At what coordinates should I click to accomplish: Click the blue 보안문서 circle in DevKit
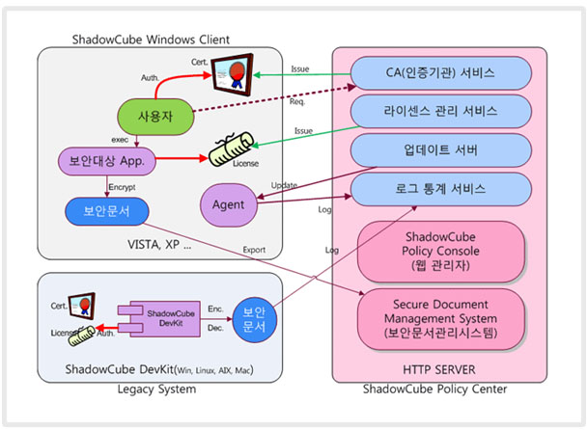click(x=254, y=319)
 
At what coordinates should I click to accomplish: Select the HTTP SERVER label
click(x=432, y=369)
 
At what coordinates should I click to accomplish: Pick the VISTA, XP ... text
click(x=161, y=245)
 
